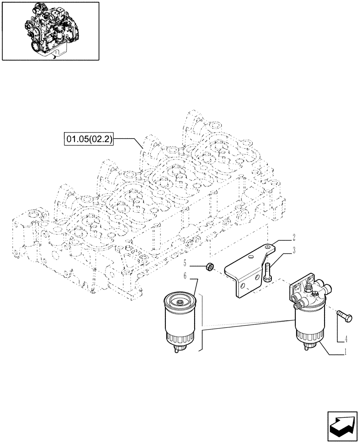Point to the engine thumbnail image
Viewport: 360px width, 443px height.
(51, 31)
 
